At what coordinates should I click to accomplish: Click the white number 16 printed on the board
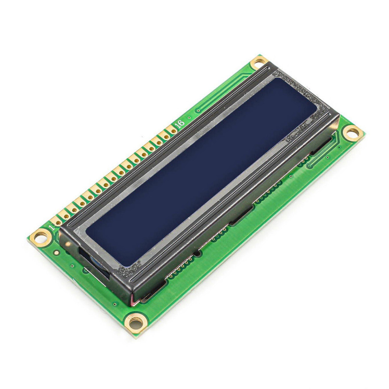(180, 123)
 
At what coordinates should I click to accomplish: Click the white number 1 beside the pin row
(51, 227)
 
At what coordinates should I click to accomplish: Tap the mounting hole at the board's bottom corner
(135, 323)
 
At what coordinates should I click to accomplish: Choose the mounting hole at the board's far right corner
(352, 133)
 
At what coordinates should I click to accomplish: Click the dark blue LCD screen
(201, 171)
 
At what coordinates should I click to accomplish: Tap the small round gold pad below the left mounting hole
(57, 253)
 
